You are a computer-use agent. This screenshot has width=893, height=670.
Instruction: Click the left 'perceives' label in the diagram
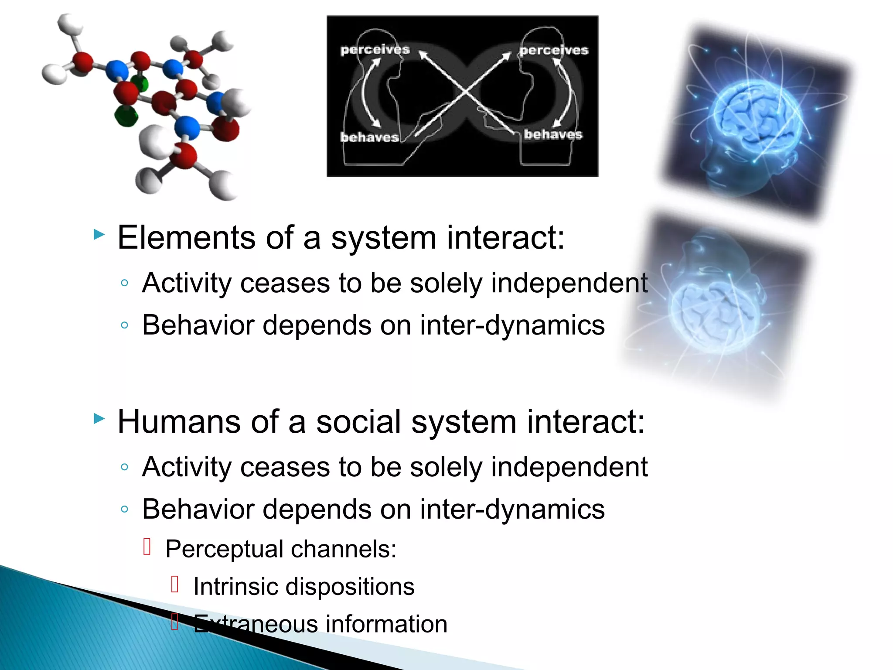tap(375, 50)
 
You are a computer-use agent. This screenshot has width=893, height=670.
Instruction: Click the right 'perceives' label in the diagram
tap(554, 50)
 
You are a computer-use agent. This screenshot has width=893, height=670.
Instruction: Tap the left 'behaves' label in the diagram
tap(369, 137)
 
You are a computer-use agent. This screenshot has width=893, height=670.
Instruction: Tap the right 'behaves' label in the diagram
tap(553, 134)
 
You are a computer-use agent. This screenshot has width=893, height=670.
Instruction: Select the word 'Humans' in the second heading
tap(179, 422)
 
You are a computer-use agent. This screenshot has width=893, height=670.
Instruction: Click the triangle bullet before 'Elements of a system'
tap(99, 235)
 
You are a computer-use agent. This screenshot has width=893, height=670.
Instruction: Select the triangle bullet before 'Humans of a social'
tap(99, 419)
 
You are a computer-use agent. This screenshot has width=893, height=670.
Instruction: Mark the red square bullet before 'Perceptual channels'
tap(147, 547)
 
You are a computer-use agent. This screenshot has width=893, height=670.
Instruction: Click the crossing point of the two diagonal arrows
tap(466, 92)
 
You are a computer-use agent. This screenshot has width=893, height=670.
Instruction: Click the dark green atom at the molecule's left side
tap(126, 117)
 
